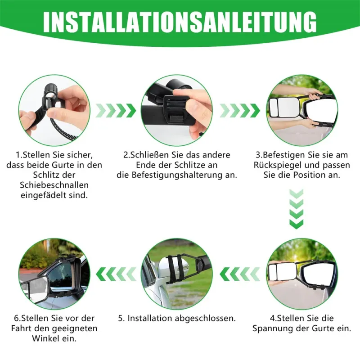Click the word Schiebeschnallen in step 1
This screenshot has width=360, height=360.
[54, 185]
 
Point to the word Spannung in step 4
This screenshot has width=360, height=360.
[273, 328]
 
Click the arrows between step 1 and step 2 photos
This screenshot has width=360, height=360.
[116, 111]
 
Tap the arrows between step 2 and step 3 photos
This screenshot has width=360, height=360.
[240, 111]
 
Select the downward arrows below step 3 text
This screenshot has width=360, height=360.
[297, 209]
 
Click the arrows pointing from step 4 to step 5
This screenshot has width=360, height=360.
[240, 274]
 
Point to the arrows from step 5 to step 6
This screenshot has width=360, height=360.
[116, 274]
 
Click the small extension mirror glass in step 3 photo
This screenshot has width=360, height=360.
[274, 108]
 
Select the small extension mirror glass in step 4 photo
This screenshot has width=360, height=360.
[274, 274]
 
